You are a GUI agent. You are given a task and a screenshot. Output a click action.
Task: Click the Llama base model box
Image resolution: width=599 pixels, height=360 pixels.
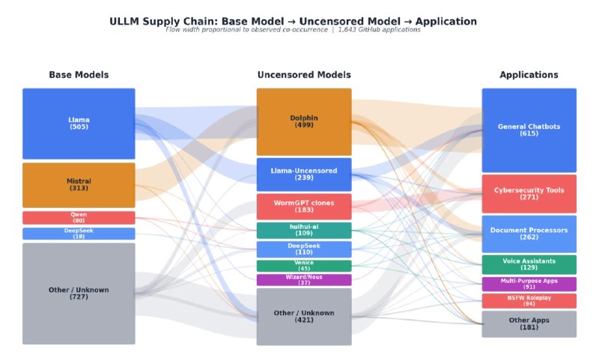[x=79, y=123]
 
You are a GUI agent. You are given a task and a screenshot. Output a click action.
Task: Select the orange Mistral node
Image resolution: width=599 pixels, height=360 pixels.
[x=79, y=185]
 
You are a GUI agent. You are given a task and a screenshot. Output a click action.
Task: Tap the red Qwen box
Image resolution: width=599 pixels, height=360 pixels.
[x=79, y=218]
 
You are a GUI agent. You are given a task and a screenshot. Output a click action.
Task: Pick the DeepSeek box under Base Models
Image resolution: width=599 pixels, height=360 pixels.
[x=79, y=234]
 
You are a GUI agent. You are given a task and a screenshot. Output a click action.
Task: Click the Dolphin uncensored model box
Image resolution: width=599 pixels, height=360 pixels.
[x=304, y=122]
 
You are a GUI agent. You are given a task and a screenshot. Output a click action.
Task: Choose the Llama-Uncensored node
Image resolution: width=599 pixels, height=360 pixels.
[x=304, y=174]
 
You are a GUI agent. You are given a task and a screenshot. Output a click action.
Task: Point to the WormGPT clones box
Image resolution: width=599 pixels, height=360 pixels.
[x=304, y=207]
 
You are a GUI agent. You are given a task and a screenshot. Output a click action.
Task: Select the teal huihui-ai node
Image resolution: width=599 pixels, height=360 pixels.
[x=304, y=231]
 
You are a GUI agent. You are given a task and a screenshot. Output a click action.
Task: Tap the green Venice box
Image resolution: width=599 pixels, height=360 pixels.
[x=304, y=266]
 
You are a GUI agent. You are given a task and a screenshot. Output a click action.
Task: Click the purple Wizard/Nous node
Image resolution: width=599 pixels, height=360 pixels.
[x=304, y=280]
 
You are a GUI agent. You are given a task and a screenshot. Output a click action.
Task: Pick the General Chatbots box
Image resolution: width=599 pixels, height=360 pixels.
[x=529, y=130]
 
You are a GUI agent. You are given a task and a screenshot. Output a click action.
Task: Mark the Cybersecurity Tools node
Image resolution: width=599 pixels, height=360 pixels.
[x=529, y=194]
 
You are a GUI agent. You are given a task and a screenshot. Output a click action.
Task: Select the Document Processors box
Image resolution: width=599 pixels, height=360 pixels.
[x=529, y=234]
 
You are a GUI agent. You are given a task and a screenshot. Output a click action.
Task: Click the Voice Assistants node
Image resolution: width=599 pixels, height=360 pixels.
[x=529, y=264]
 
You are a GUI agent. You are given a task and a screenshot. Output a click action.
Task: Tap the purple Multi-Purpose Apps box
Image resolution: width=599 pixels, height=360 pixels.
[x=529, y=284]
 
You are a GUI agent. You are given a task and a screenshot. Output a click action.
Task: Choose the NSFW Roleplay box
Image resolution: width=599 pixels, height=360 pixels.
[x=529, y=301]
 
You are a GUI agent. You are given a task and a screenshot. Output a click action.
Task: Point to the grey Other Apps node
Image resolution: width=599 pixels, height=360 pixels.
[x=529, y=324]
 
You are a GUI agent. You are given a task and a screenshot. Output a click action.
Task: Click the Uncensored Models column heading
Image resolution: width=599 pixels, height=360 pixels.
[x=304, y=75]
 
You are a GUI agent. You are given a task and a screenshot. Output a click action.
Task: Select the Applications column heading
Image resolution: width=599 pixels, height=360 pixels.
[x=529, y=75]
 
